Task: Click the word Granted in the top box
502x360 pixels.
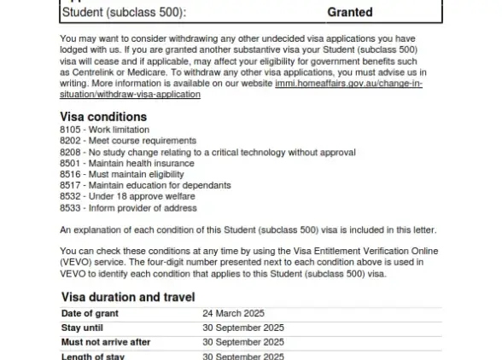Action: click(350, 13)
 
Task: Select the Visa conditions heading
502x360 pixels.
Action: click(103, 117)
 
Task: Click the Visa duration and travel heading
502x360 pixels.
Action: click(128, 297)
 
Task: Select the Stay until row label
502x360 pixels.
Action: click(83, 328)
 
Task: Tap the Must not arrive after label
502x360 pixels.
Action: click(106, 342)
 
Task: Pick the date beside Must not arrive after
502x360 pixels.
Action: click(242, 342)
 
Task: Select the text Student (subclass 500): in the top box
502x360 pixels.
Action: click(123, 13)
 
